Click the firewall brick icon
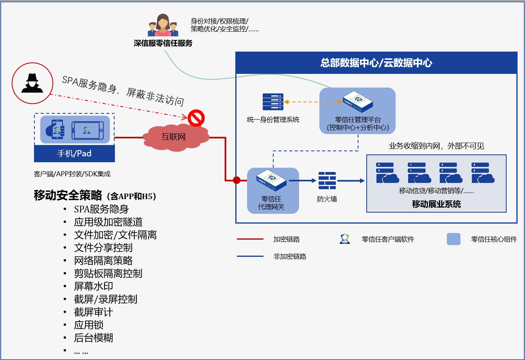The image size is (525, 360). pyautogui.click(x=327, y=181)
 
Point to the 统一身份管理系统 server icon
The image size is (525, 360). pyautogui.click(x=272, y=102)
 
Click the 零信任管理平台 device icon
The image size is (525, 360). pyautogui.click(x=357, y=102)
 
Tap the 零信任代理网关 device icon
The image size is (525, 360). pyautogui.click(x=272, y=181)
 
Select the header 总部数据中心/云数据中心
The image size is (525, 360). pyautogui.click(x=376, y=63)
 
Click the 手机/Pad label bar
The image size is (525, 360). pyautogui.click(x=74, y=153)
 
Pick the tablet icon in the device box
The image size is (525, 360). pyautogui.click(x=88, y=130)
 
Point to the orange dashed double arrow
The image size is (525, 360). pyautogui.click(x=313, y=102)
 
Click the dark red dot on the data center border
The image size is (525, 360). pyautogui.click(x=237, y=180)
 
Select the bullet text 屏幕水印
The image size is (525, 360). pyautogui.click(x=93, y=287)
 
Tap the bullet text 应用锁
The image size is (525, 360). pyautogui.click(x=89, y=325)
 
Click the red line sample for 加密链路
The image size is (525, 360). pyautogui.click(x=250, y=239)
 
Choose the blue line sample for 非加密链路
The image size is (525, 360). pyautogui.click(x=250, y=256)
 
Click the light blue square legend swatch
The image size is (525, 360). pyautogui.click(x=453, y=239)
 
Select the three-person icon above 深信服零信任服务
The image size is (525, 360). pyautogui.click(x=162, y=25)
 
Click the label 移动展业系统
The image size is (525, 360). pyautogui.click(x=436, y=204)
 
